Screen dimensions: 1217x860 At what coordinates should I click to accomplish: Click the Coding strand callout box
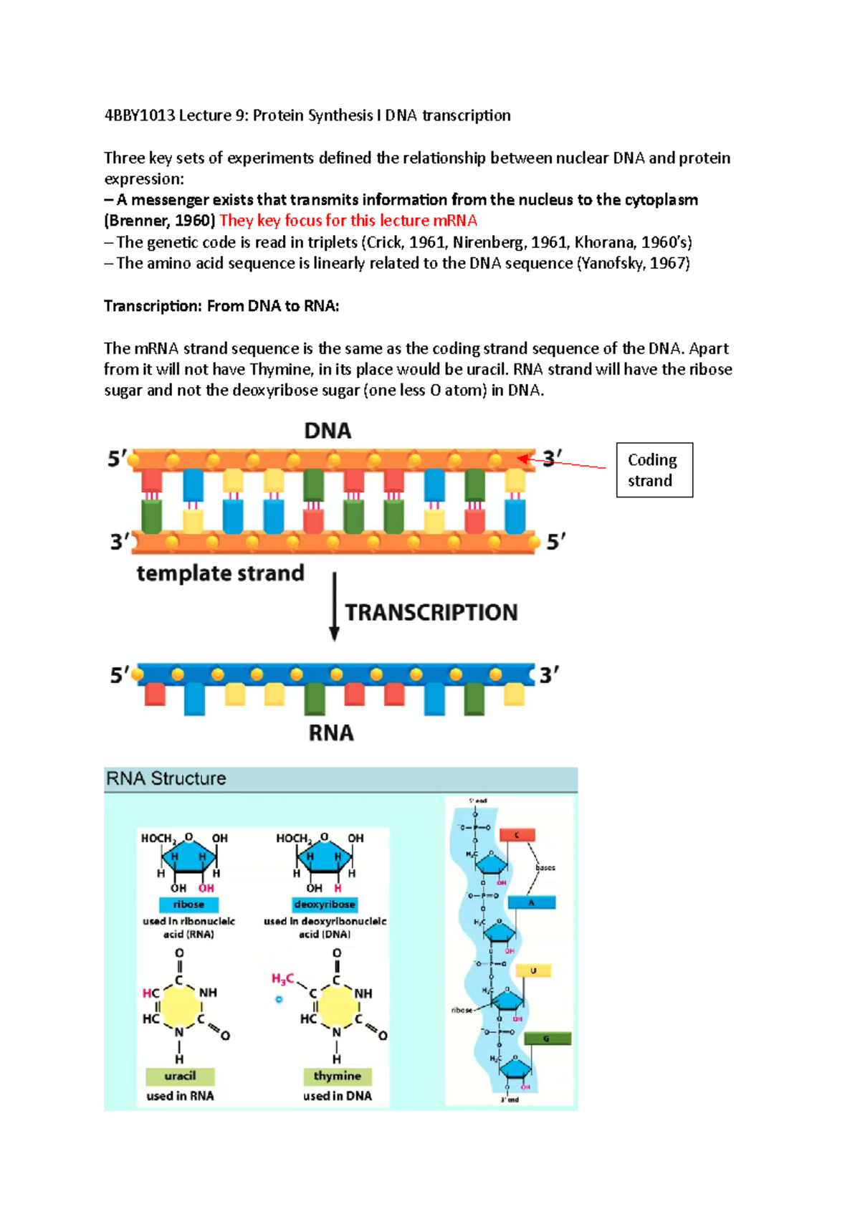click(x=654, y=469)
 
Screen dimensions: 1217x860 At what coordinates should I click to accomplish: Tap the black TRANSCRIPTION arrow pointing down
click(x=334, y=606)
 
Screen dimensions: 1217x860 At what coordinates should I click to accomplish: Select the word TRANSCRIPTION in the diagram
click(x=431, y=612)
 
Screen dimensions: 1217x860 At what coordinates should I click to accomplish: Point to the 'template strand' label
click(x=220, y=573)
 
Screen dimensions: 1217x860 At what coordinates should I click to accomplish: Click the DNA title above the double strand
click(x=328, y=431)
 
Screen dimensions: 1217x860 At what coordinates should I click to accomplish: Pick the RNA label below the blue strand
click(x=330, y=733)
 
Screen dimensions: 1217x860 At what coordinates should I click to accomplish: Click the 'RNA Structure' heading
click(x=166, y=778)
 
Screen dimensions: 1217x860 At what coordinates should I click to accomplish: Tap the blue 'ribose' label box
click(x=188, y=905)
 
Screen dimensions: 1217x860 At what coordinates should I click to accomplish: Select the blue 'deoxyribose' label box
click(x=325, y=905)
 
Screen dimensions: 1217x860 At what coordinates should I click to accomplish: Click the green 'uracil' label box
click(x=180, y=1076)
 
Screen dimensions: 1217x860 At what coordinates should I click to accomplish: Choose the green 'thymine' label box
click(x=337, y=1076)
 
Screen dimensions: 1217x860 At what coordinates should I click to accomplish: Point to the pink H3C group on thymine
click(x=282, y=979)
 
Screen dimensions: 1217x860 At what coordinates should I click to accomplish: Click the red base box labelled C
click(x=517, y=835)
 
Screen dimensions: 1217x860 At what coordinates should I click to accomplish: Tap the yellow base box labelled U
click(x=533, y=970)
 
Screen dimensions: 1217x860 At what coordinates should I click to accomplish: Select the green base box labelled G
click(x=547, y=1039)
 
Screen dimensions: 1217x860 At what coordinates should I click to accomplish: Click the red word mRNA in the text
click(x=455, y=221)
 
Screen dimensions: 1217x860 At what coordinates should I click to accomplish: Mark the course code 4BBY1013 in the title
click(x=139, y=115)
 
